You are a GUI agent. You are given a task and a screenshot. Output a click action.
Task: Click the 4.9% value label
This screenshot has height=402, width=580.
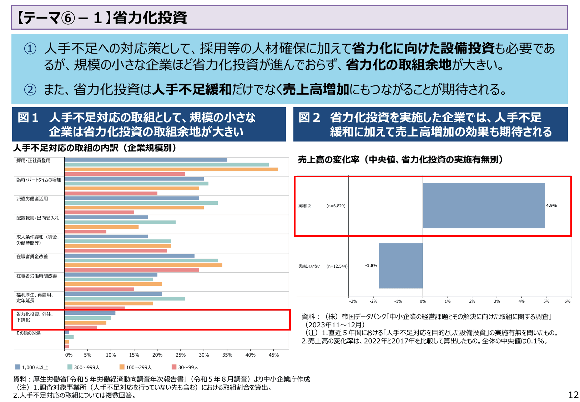551,205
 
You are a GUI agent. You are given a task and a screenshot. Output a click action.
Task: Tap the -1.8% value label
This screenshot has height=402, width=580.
371,265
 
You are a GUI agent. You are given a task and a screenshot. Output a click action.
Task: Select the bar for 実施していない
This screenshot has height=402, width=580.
400,265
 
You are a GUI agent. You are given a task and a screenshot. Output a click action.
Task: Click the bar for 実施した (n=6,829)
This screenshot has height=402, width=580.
484,205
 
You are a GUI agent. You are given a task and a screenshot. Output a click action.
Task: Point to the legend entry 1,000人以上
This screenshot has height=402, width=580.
32,367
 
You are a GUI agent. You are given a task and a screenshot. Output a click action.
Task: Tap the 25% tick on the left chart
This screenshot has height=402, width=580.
181,355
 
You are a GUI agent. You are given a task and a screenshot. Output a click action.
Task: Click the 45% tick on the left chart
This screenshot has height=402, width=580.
273,355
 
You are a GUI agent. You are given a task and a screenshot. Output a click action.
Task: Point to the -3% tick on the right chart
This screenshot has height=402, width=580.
353,301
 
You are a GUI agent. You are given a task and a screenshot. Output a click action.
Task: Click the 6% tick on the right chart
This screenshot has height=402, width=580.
567,301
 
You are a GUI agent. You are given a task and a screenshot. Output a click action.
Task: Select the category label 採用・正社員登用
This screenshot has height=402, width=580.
33,160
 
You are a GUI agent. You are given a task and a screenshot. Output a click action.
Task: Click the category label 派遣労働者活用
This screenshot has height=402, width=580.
32,199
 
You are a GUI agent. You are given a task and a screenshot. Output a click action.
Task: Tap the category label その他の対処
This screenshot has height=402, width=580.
29,333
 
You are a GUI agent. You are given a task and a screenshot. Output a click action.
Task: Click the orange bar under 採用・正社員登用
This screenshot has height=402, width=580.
171,169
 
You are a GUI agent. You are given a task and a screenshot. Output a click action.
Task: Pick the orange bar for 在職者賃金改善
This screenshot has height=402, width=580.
143,265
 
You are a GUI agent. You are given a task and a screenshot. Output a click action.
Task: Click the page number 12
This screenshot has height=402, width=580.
573,395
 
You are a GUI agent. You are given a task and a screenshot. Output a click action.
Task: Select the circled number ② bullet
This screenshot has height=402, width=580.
30,89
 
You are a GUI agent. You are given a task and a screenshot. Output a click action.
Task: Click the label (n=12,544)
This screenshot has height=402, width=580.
337,266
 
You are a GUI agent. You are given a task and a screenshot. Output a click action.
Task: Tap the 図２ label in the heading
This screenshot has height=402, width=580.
309,118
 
